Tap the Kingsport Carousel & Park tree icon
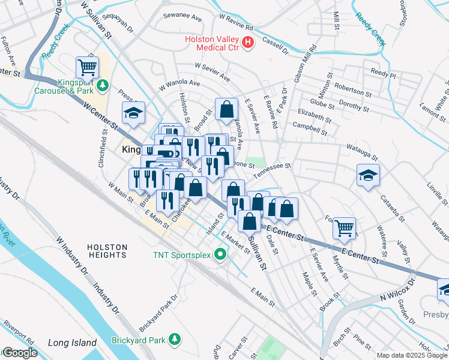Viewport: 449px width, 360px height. [x=103, y=86]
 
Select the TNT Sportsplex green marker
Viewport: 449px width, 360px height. [x=220, y=255]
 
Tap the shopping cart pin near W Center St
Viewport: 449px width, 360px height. [x=87, y=66]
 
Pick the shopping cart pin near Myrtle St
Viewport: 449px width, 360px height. [x=344, y=227]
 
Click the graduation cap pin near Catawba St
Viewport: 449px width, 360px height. [x=368, y=175]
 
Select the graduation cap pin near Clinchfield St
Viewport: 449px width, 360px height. [x=133, y=112]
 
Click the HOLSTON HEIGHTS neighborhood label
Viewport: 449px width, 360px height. [x=107, y=251]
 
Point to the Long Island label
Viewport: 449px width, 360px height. [x=72, y=343]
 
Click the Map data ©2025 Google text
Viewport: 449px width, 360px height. [x=411, y=355]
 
